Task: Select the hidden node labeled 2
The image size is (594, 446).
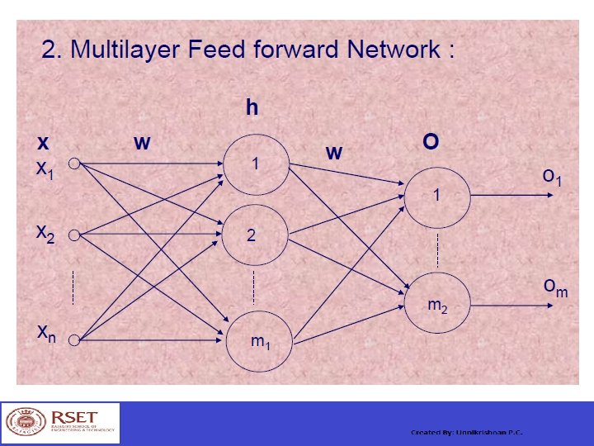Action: [254, 235]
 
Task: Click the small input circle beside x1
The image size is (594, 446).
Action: [73, 164]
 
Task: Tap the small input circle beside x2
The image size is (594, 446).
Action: [73, 235]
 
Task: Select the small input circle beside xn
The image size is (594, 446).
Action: [73, 339]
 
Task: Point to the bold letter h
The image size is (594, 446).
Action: [252, 107]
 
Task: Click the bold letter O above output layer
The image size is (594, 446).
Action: [430, 142]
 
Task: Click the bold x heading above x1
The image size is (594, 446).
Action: [43, 143]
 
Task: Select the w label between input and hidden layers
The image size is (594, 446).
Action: [142, 143]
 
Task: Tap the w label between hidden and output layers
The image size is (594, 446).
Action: [333, 153]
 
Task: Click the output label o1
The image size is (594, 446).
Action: [552, 177]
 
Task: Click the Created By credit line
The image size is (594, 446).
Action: [466, 433]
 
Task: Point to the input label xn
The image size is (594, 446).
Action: [46, 333]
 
